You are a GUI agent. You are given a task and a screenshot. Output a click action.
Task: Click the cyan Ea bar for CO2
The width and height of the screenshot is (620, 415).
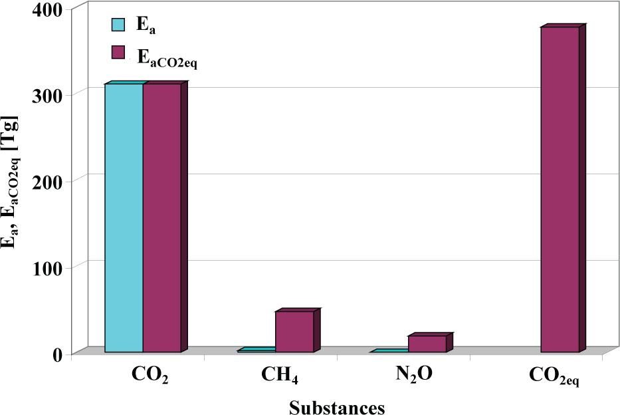pyautogui.click(x=124, y=217)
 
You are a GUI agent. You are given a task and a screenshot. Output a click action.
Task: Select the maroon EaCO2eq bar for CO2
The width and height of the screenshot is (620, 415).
pyautogui.click(x=161, y=217)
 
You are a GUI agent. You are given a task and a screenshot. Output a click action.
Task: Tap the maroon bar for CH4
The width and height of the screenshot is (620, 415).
pyautogui.click(x=294, y=331)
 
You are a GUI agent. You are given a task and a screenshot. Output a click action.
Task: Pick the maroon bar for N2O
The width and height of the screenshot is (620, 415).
pyautogui.click(x=427, y=343)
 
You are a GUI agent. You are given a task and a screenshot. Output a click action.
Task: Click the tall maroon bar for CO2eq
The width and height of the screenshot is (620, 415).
pyautogui.click(x=560, y=189)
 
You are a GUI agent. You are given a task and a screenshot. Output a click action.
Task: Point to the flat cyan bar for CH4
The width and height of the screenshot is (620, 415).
pyautogui.click(x=257, y=350)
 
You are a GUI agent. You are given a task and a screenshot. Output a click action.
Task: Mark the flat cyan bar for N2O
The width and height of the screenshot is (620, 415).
pyautogui.click(x=389, y=351)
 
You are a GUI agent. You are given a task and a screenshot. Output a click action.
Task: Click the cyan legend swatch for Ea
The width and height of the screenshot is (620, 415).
pyautogui.click(x=118, y=25)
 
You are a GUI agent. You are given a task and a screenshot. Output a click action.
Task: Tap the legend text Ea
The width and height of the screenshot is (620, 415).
pyautogui.click(x=146, y=26)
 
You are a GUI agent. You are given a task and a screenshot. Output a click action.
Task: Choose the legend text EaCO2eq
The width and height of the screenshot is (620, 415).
pyautogui.click(x=167, y=57)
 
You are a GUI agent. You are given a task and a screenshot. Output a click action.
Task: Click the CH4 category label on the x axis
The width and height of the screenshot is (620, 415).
pyautogui.click(x=280, y=375)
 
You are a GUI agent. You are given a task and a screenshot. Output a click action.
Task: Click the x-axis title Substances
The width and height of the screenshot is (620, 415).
pyautogui.click(x=337, y=406)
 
